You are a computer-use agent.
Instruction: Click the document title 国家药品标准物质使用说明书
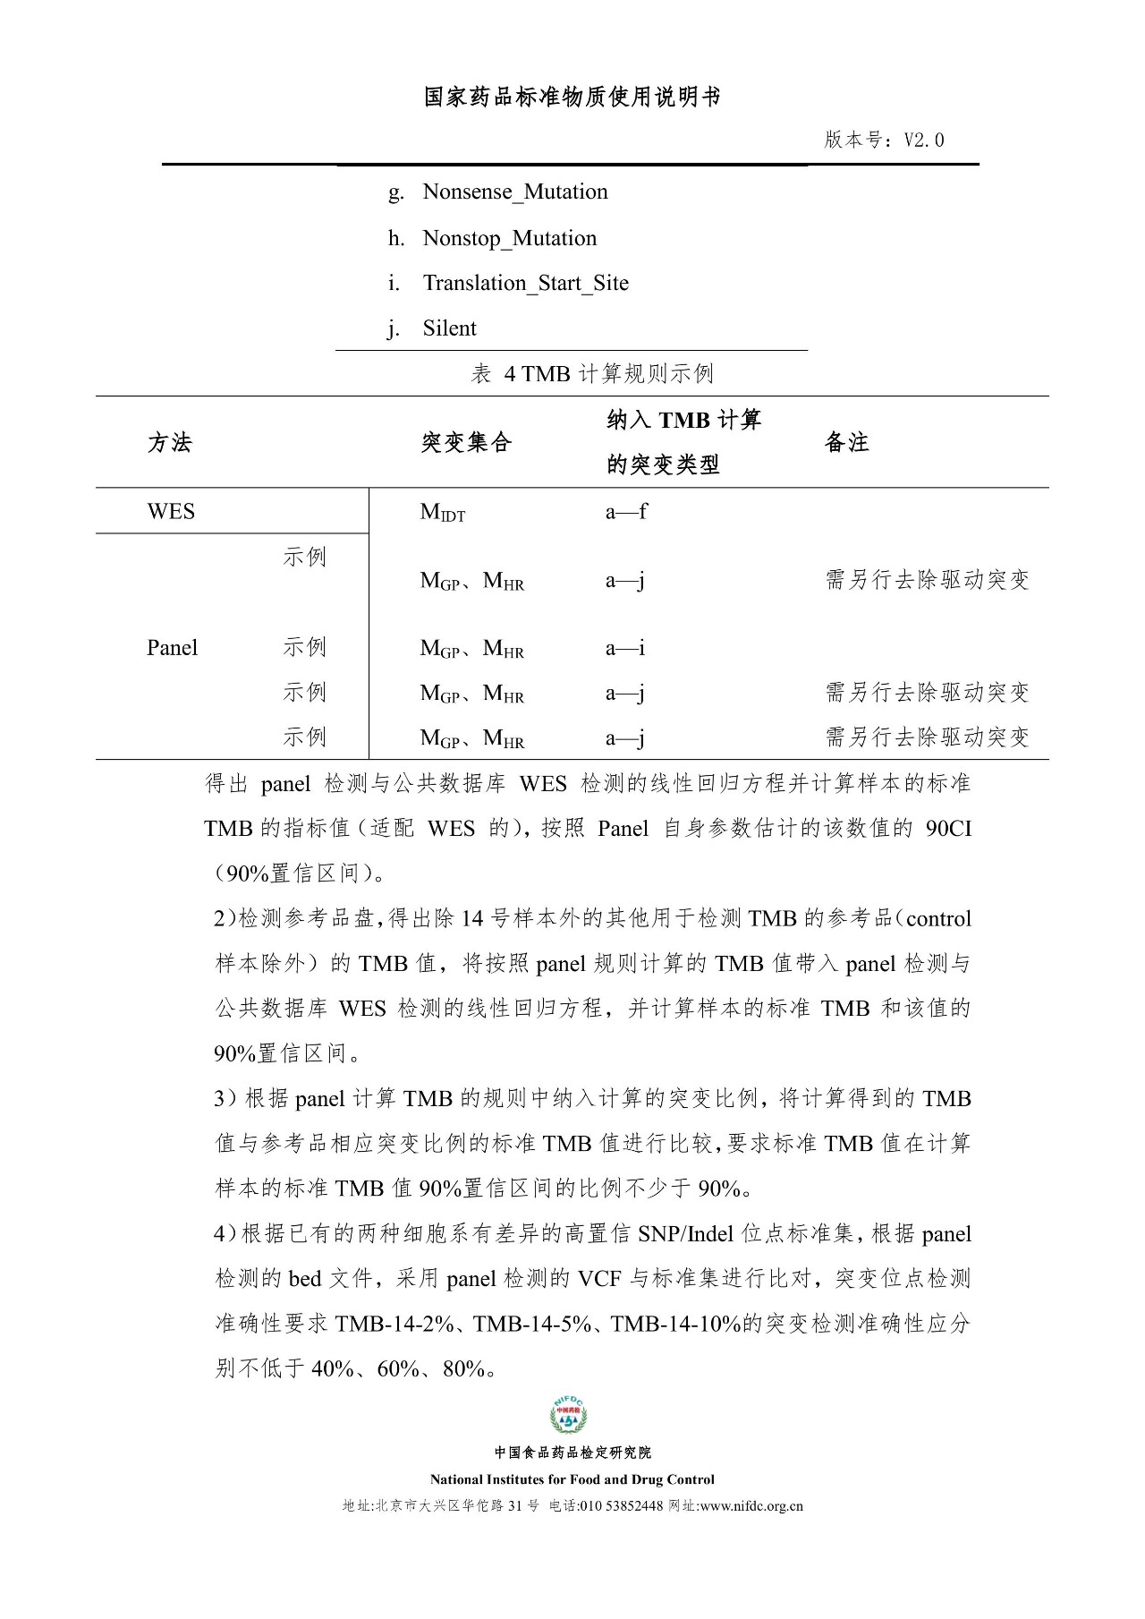click(572, 98)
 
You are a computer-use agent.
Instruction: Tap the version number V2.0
click(924, 141)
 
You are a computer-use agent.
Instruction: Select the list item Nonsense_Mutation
click(514, 192)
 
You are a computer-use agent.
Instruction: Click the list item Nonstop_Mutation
click(509, 239)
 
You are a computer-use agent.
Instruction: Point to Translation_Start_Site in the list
click(525, 284)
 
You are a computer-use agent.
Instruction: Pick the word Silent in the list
click(449, 328)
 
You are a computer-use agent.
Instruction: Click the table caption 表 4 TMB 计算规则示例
click(592, 374)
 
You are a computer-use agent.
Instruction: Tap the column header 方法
click(170, 443)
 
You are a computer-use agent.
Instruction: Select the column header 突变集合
click(466, 443)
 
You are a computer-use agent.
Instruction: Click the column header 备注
click(846, 443)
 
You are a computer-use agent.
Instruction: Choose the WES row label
click(171, 512)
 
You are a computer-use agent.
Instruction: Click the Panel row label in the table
click(172, 648)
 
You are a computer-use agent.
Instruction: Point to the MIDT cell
click(443, 513)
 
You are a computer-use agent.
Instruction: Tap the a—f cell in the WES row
click(626, 512)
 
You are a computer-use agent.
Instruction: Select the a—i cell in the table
click(625, 648)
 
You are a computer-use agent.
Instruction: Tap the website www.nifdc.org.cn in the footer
click(751, 1506)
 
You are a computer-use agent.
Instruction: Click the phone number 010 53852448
click(622, 1506)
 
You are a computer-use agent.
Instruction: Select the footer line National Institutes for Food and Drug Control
click(572, 1479)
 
